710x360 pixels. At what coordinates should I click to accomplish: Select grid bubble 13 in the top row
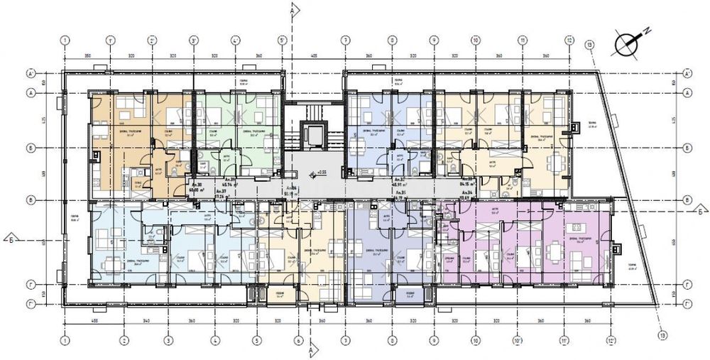(x=589, y=45)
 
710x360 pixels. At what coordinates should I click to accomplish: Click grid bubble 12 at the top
(x=569, y=40)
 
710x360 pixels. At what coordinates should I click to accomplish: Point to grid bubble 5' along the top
(x=282, y=40)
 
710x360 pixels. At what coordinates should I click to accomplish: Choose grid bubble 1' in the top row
(x=109, y=40)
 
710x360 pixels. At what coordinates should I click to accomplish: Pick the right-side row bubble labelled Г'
(x=687, y=302)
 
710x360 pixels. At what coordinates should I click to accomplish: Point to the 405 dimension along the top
(x=313, y=55)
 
